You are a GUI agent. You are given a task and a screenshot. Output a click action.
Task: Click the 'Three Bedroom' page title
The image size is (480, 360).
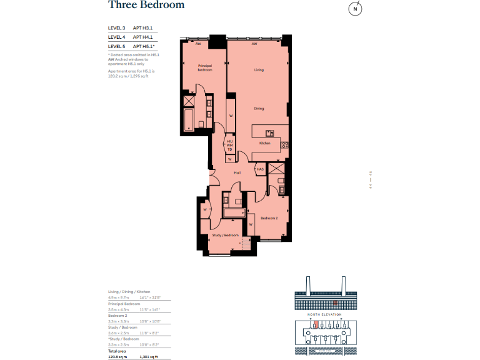tap(146, 6)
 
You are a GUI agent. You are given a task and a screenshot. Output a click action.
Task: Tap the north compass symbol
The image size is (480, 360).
tap(355, 9)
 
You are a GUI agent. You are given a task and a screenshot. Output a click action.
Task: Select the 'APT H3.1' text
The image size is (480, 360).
tap(143, 28)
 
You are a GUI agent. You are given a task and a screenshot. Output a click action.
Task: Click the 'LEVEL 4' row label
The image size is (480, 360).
tap(117, 37)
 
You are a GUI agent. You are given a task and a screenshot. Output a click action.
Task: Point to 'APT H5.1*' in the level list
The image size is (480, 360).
tap(144, 46)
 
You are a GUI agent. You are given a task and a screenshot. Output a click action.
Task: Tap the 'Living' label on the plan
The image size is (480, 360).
tap(259, 70)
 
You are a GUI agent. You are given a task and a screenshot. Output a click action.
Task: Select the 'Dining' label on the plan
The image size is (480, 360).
tap(259, 109)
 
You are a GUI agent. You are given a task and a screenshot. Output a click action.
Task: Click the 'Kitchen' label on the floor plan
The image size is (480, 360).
tap(265, 144)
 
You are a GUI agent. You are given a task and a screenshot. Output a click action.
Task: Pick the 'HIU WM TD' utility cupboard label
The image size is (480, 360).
tap(230, 146)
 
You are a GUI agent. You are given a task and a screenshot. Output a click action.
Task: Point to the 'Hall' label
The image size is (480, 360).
tap(237, 172)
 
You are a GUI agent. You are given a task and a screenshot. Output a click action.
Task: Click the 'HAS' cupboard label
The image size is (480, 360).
tap(259, 169)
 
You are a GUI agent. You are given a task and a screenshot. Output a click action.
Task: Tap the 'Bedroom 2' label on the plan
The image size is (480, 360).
tap(269, 218)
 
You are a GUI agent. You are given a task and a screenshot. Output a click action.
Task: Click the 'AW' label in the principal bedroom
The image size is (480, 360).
tap(198, 44)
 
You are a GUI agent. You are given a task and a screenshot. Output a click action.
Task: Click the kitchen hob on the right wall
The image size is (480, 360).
tap(284, 145)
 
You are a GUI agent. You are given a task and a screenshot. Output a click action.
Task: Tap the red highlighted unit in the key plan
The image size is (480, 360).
tap(316, 324)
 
